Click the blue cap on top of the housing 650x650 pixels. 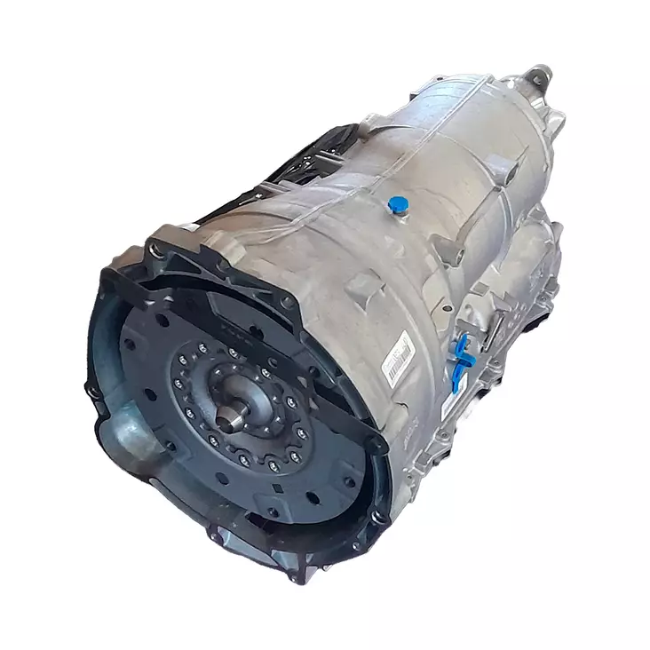(x=397, y=206)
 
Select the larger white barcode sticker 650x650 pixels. (x=397, y=356)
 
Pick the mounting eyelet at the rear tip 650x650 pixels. (x=539, y=72)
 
